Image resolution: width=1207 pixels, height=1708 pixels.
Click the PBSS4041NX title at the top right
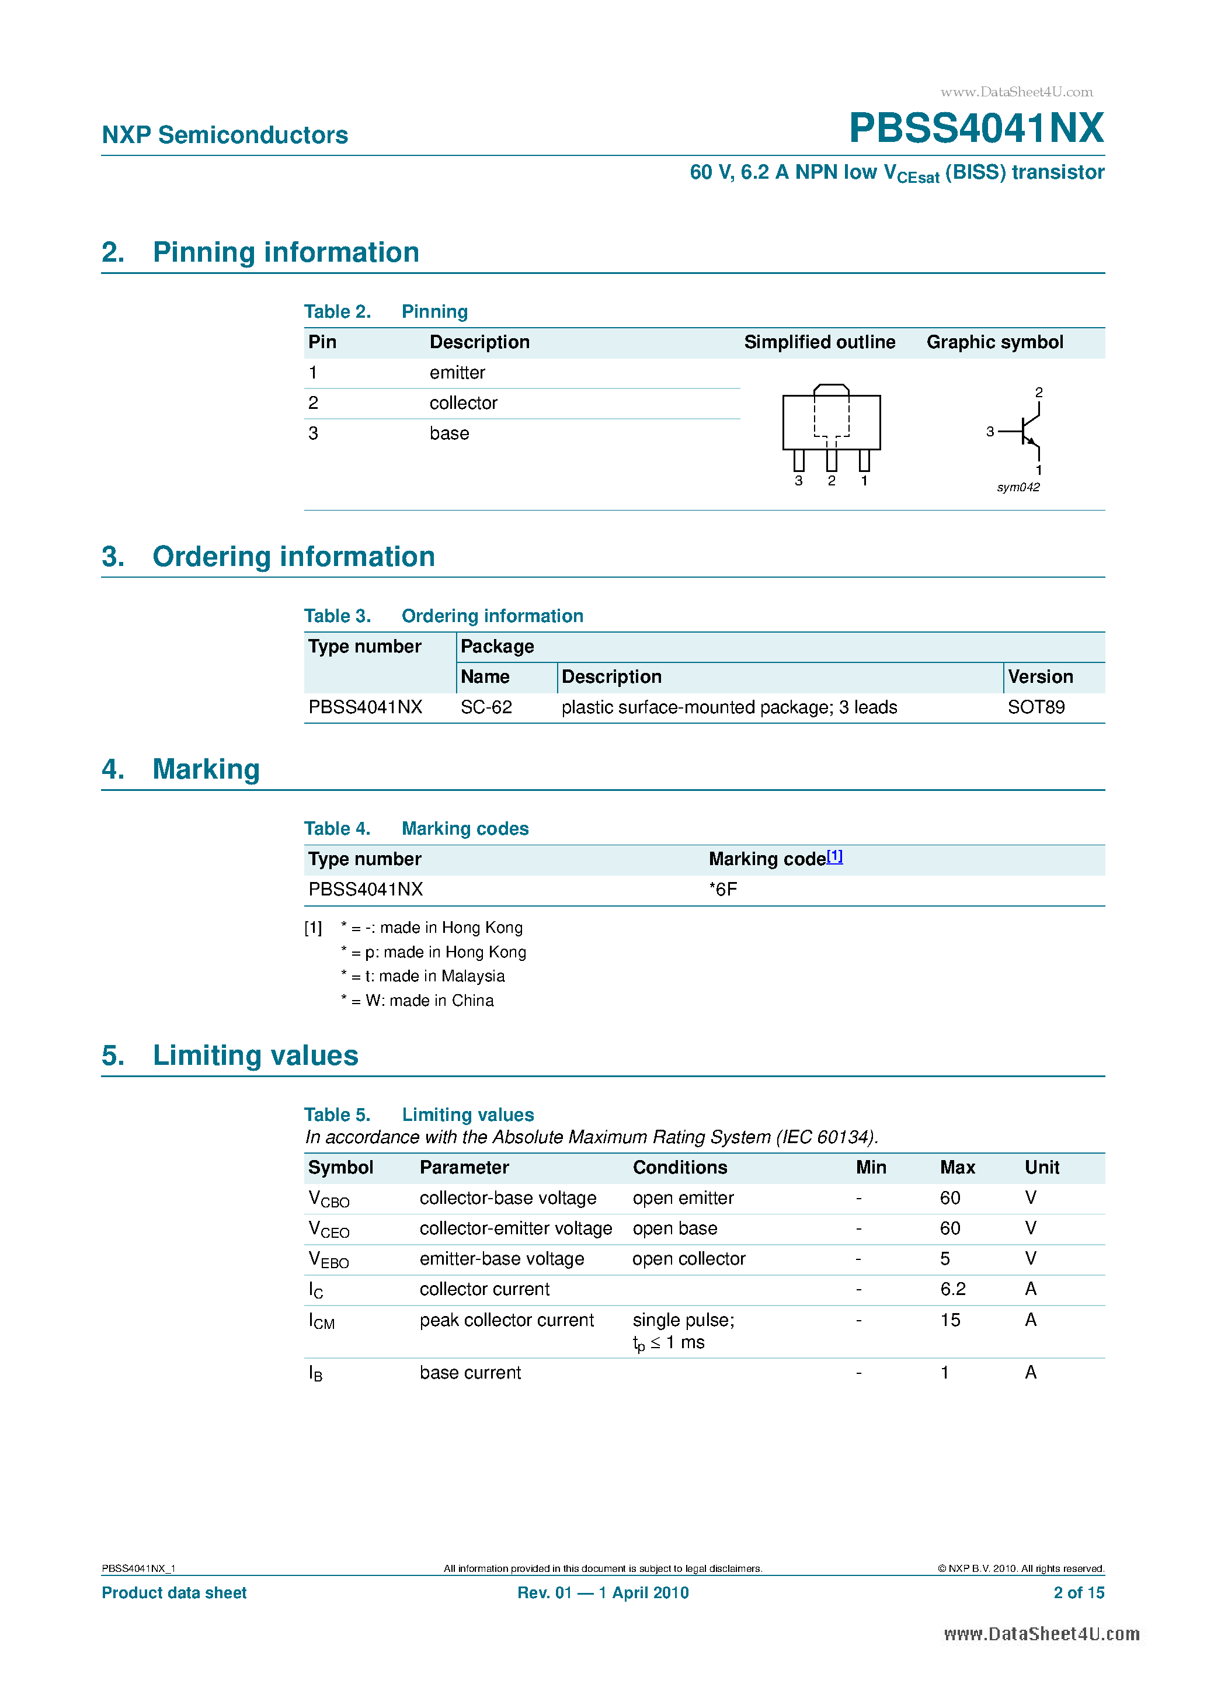click(x=976, y=128)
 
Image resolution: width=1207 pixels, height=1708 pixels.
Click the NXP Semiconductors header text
click(x=225, y=136)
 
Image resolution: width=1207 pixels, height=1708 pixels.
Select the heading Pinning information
click(x=286, y=252)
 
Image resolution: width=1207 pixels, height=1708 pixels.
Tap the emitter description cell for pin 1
click(x=457, y=373)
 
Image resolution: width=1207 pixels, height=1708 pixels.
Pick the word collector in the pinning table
click(x=462, y=403)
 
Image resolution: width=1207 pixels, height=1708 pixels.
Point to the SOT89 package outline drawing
click(x=831, y=432)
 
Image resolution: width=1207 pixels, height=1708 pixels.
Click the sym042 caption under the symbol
click(x=1018, y=487)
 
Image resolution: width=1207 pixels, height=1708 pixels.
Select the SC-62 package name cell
click(x=486, y=707)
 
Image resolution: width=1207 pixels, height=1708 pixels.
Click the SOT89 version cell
click(x=1036, y=707)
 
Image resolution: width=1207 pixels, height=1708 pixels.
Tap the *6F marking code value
click(x=723, y=890)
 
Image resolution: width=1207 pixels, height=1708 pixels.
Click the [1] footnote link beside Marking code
click(x=834, y=856)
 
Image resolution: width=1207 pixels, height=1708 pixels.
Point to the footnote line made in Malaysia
click(x=424, y=976)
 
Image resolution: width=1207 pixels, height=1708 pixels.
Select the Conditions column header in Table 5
click(x=680, y=1168)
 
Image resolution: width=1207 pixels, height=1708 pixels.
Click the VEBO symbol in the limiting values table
click(x=328, y=1259)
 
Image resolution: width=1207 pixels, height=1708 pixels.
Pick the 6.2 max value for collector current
click(x=952, y=1289)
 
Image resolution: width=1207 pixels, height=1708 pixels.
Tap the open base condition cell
click(x=674, y=1228)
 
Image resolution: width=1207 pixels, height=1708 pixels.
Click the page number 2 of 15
click(x=1079, y=1593)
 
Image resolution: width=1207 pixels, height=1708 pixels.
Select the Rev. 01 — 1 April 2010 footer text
click(x=603, y=1593)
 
